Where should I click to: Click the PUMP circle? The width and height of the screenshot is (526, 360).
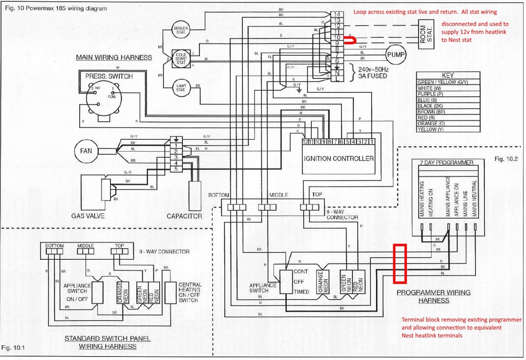[x=396, y=55]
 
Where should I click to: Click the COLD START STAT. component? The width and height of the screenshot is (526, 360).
[x=181, y=58]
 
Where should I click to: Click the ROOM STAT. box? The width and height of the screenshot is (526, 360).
[x=428, y=32]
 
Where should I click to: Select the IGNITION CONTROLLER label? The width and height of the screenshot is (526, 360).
[x=338, y=158]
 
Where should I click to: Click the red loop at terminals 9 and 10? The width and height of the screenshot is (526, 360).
[x=350, y=41]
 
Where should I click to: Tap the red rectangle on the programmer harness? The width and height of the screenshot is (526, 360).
[x=400, y=263]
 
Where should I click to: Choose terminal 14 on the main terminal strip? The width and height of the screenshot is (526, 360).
[x=339, y=14]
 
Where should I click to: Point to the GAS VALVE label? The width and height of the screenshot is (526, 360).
[x=88, y=216]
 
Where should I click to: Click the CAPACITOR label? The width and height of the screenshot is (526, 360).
[x=185, y=216]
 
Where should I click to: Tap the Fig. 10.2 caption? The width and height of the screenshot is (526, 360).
[x=505, y=159]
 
